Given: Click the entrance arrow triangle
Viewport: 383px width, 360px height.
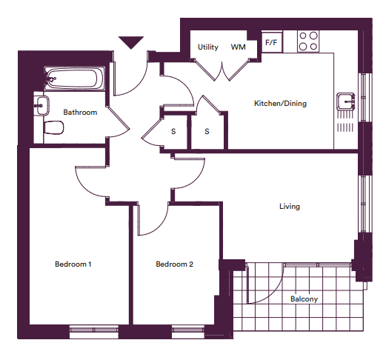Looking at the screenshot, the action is [131, 42].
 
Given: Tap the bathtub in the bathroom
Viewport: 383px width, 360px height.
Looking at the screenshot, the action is [74, 79].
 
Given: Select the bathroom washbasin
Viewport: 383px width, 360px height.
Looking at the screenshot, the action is [42, 106].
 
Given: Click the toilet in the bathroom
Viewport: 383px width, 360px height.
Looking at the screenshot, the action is [53, 127].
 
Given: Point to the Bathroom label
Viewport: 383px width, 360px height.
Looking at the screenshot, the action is [80, 113].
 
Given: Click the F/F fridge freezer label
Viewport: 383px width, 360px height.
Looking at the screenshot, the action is [271, 42].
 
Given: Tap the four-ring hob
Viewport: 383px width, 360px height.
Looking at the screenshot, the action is [308, 41].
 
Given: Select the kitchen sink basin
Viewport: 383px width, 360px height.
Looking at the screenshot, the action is [346, 101].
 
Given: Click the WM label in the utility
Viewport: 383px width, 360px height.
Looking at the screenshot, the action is [238, 47].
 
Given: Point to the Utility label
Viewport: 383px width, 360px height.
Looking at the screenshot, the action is [208, 47].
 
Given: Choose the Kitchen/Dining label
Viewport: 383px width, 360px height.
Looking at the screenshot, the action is [280, 103].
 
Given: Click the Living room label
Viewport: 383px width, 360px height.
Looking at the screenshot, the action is [290, 206].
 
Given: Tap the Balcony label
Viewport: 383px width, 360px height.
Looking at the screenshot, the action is [304, 299].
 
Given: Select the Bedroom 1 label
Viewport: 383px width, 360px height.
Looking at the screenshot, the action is [73, 264].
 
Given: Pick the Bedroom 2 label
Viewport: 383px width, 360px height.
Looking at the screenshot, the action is [174, 264].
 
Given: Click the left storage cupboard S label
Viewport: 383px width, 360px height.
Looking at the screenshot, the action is [173, 131].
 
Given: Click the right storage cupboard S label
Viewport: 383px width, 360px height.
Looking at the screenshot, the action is [207, 131].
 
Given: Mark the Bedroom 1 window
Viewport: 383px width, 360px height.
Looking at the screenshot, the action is [94, 331].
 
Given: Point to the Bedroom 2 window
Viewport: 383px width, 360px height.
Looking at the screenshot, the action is [188, 331].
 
